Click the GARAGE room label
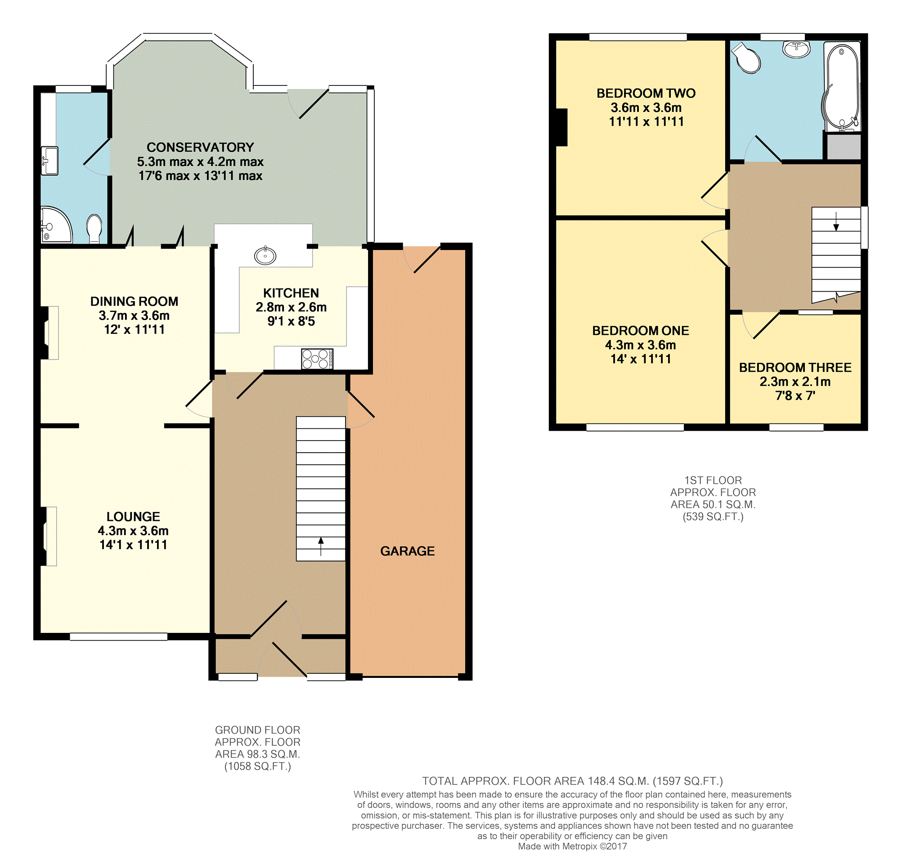pyautogui.click(x=407, y=551)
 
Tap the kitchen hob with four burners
pyautogui.click(x=317, y=359)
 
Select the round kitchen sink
pyautogui.click(x=265, y=255)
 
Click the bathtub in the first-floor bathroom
pyautogui.click(x=842, y=87)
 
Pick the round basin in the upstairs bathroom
pyautogui.click(x=797, y=49)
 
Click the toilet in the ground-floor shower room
pyautogui.click(x=94, y=228)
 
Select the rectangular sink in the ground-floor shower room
pyautogui.click(x=49, y=160)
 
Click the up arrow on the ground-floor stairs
pyautogui.click(x=321, y=546)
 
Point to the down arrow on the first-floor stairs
pyautogui.click(x=836, y=221)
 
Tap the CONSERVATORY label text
pyautogui.click(x=200, y=147)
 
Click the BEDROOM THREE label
pyautogui.click(x=795, y=367)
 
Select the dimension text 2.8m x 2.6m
pyautogui.click(x=291, y=307)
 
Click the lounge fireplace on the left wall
pyautogui.click(x=46, y=536)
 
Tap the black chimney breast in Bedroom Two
pyautogui.click(x=561, y=127)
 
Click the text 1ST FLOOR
pyautogui.click(x=713, y=481)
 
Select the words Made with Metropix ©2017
pyautogui.click(x=572, y=846)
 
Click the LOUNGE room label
pyautogui.click(x=133, y=517)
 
